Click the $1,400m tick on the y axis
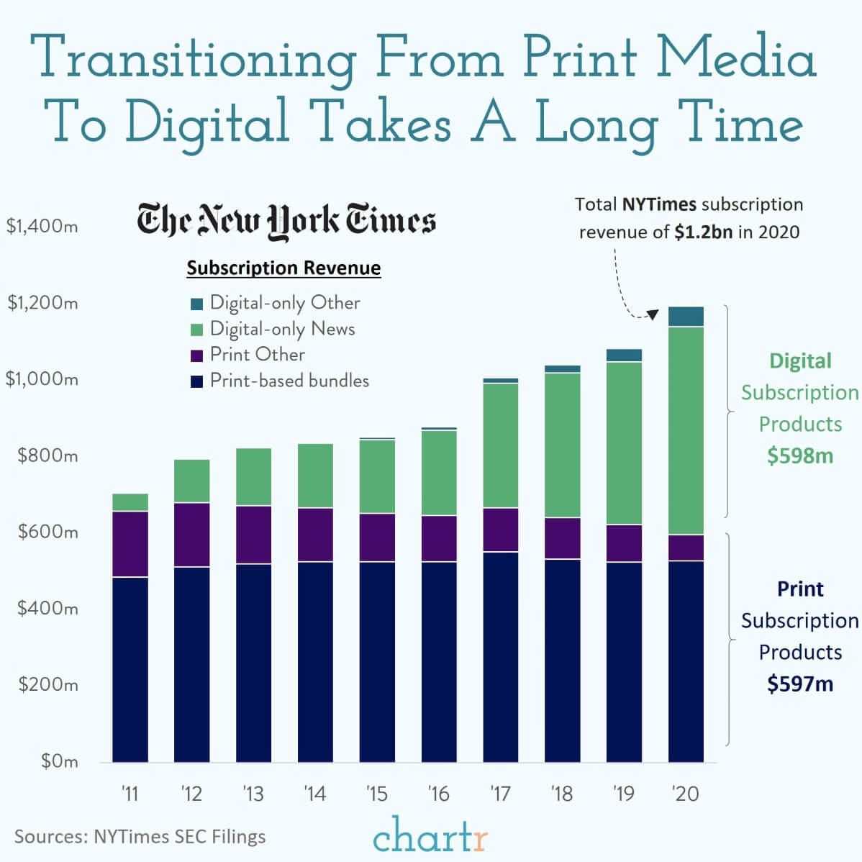pyautogui.click(x=42, y=227)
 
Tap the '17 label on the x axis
pyautogui.click(x=500, y=794)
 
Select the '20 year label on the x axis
pyautogui.click(x=685, y=794)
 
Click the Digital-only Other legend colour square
pyautogui.click(x=197, y=304)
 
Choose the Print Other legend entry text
pyautogui.click(x=257, y=355)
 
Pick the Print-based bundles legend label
pyautogui.click(x=289, y=381)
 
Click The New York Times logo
pyautogui.click(x=286, y=220)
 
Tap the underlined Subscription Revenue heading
pyautogui.click(x=283, y=268)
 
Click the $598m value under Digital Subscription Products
pyautogui.click(x=799, y=455)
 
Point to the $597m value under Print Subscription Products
pyautogui.click(x=799, y=684)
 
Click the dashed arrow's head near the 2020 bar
pyautogui.click(x=653, y=314)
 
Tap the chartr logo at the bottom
pyautogui.click(x=430, y=836)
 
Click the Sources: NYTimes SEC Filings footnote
pyautogui.click(x=140, y=837)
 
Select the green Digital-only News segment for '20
pyautogui.click(x=686, y=430)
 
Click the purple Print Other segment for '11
pyautogui.click(x=130, y=544)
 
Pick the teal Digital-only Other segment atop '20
pyautogui.click(x=686, y=317)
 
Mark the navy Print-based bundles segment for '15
pyautogui.click(x=377, y=662)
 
